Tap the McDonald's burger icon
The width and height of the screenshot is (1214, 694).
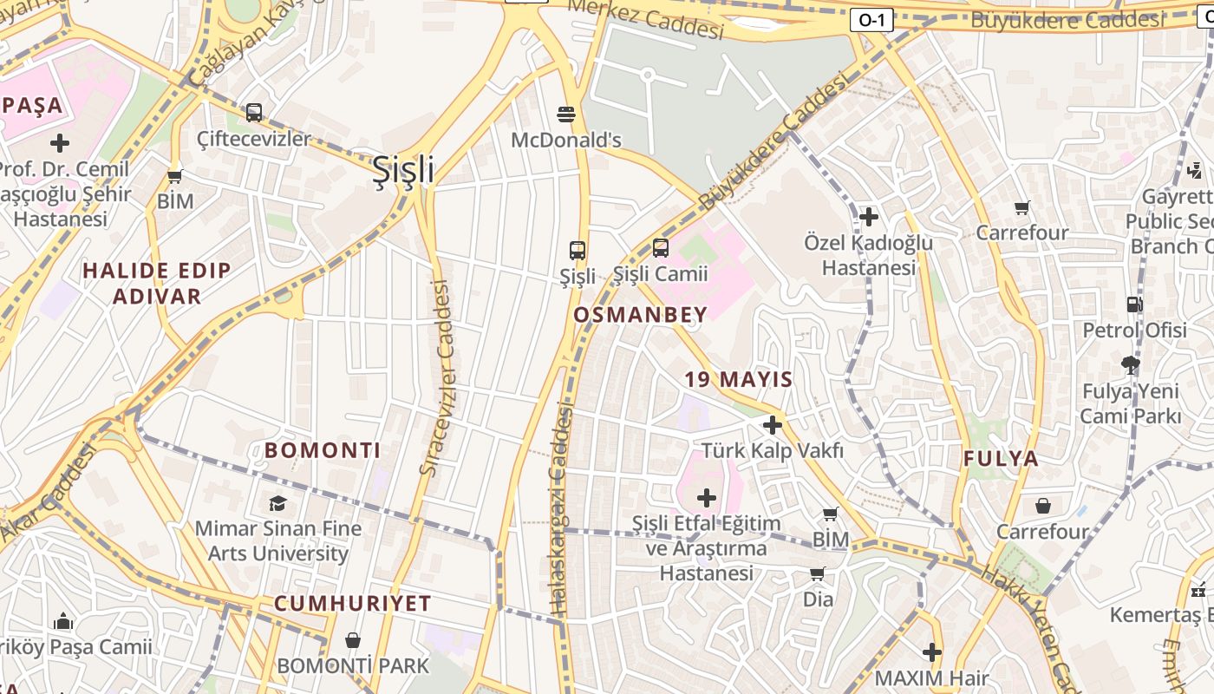point(566,114)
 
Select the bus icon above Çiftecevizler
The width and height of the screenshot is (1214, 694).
point(254,112)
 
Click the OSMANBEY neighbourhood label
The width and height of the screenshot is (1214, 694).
point(641,315)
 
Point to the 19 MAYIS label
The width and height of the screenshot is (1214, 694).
point(739,379)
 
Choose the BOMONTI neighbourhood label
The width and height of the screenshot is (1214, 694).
point(323,450)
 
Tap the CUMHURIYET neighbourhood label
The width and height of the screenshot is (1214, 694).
point(353,604)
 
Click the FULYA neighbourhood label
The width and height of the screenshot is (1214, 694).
point(1001,459)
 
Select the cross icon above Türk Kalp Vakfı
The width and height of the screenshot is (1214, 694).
point(772,425)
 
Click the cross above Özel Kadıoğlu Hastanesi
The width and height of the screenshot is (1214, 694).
point(869,216)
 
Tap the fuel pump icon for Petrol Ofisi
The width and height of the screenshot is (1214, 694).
point(1134,304)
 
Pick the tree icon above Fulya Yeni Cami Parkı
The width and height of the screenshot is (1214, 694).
point(1130,364)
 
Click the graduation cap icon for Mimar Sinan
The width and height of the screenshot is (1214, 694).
point(277,503)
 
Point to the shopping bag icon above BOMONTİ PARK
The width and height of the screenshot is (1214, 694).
point(352,641)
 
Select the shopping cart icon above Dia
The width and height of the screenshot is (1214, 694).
point(817,573)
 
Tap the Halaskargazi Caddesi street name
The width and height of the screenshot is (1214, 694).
point(561,512)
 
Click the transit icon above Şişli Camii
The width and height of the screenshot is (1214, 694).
point(661,248)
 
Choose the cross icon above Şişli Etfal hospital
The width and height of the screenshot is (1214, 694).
point(707,498)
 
